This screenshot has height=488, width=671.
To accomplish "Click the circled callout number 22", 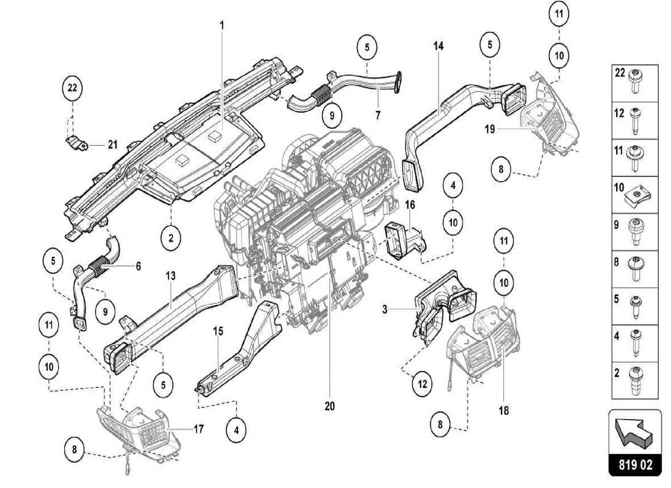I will point(73,88).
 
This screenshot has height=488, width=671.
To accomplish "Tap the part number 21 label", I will point(112,145).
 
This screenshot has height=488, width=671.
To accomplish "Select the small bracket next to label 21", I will point(77,143).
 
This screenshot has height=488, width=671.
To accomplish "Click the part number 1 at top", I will point(222,25).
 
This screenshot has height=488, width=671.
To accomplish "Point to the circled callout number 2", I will point(171,237).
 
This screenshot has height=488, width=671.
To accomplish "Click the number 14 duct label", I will point(439,46).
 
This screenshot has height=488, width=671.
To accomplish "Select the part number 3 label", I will point(385,310).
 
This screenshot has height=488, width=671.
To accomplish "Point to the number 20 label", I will point(330,406).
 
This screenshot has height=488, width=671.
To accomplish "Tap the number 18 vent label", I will point(503,411).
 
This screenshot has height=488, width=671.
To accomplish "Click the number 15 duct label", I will point(218,331).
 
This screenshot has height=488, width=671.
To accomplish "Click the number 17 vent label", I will point(198,429).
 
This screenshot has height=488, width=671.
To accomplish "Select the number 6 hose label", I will point(138,266).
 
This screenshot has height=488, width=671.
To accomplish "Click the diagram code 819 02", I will point(634,465).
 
